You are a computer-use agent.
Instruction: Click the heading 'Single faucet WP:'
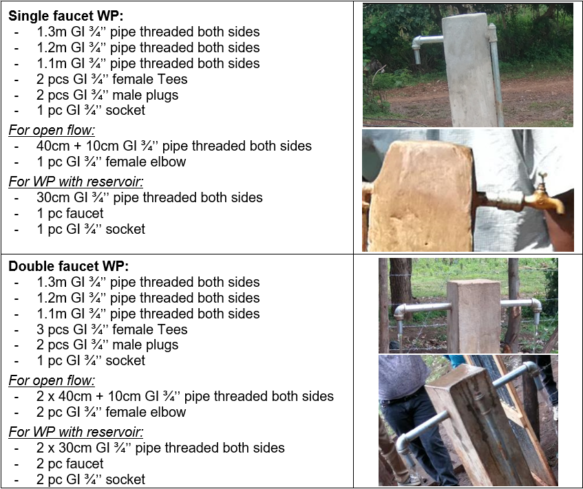click(66, 16)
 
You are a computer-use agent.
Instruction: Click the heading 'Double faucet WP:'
click(69, 266)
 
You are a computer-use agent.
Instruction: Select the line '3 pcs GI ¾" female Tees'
click(112, 329)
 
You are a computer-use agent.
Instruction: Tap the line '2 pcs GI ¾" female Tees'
click(112, 79)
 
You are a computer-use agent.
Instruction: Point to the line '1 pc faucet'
click(70, 213)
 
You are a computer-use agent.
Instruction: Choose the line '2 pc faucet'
click(70, 464)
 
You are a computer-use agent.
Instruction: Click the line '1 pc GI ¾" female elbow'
click(112, 162)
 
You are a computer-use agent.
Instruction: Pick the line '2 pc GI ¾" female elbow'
click(112, 412)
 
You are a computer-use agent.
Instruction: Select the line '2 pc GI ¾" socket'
click(91, 479)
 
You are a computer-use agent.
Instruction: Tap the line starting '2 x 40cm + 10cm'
click(184, 396)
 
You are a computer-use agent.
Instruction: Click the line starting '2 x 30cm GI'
click(160, 448)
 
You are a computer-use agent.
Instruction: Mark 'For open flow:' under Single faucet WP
click(52, 131)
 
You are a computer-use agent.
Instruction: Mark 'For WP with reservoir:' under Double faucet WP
click(76, 432)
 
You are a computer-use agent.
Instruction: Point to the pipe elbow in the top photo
click(418, 47)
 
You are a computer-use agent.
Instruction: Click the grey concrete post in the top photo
click(469, 71)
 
